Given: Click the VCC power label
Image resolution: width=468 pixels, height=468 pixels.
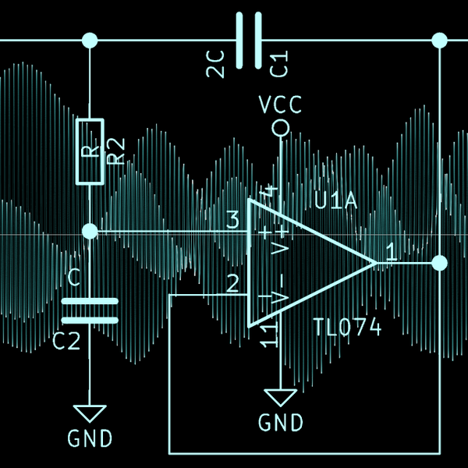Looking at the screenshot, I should point(279,105).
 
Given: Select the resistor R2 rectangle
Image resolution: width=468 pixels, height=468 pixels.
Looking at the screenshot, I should point(90,151).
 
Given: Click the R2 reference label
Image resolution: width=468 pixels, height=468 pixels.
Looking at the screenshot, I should point(115,151).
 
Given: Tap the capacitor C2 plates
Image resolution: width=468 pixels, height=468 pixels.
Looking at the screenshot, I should point(90,310).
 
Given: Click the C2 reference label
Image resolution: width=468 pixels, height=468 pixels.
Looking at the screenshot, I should point(67,341).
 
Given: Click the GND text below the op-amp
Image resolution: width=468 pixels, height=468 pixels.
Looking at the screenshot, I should point(280,424).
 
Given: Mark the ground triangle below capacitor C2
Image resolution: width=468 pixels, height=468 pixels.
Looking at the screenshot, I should point(90,413).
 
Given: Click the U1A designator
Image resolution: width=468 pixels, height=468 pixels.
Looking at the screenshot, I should point(335,203).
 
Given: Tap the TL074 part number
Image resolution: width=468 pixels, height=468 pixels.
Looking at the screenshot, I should point(347,328).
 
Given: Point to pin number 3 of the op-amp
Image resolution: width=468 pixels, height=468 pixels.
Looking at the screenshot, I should point(232,221).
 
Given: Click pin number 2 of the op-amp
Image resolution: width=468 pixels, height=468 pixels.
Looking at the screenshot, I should point(232,283).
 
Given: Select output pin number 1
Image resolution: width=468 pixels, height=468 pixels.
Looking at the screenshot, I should point(391,252).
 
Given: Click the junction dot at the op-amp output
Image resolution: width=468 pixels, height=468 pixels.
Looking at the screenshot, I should point(440,263).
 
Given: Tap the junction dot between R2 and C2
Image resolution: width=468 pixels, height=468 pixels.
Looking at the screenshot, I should point(90,232).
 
